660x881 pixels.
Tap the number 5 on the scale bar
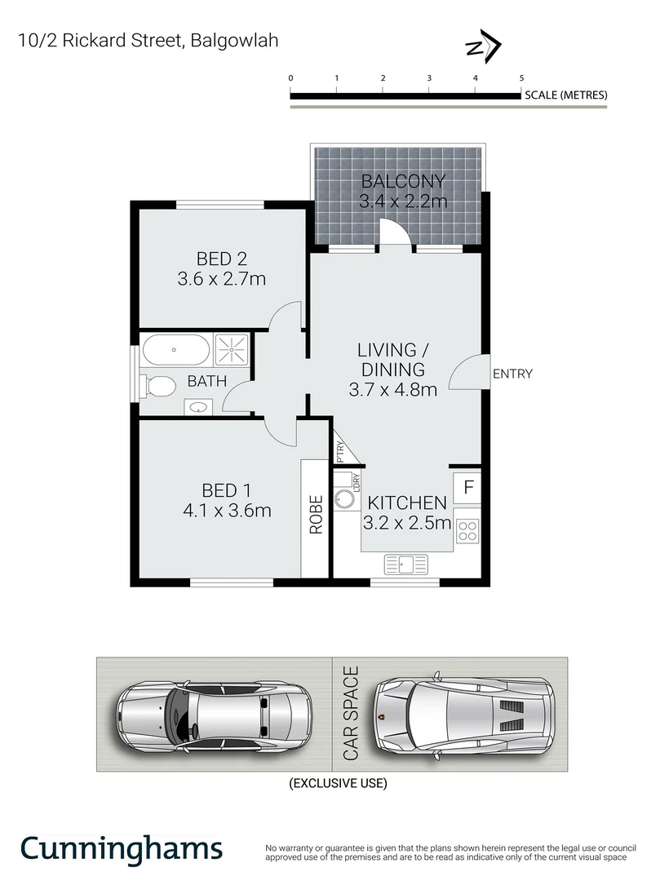pos(521,77)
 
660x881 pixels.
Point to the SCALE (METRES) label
pos(566,95)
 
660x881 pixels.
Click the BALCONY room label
pos(403,181)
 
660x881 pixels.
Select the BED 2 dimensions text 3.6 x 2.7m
pos(222,279)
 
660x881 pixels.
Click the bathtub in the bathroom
pos(176,352)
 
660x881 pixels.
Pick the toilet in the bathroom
pos(157,385)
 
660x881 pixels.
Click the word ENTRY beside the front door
pos(512,374)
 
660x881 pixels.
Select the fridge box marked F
pos(468,488)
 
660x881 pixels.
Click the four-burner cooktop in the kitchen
pos(467,532)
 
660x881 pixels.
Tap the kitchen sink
pos(405,564)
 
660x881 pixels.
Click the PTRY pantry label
pos(339,452)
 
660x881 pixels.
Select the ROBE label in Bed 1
pos(315,515)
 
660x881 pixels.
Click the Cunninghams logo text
pos(121,848)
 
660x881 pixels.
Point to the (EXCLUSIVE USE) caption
pos(338,784)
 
